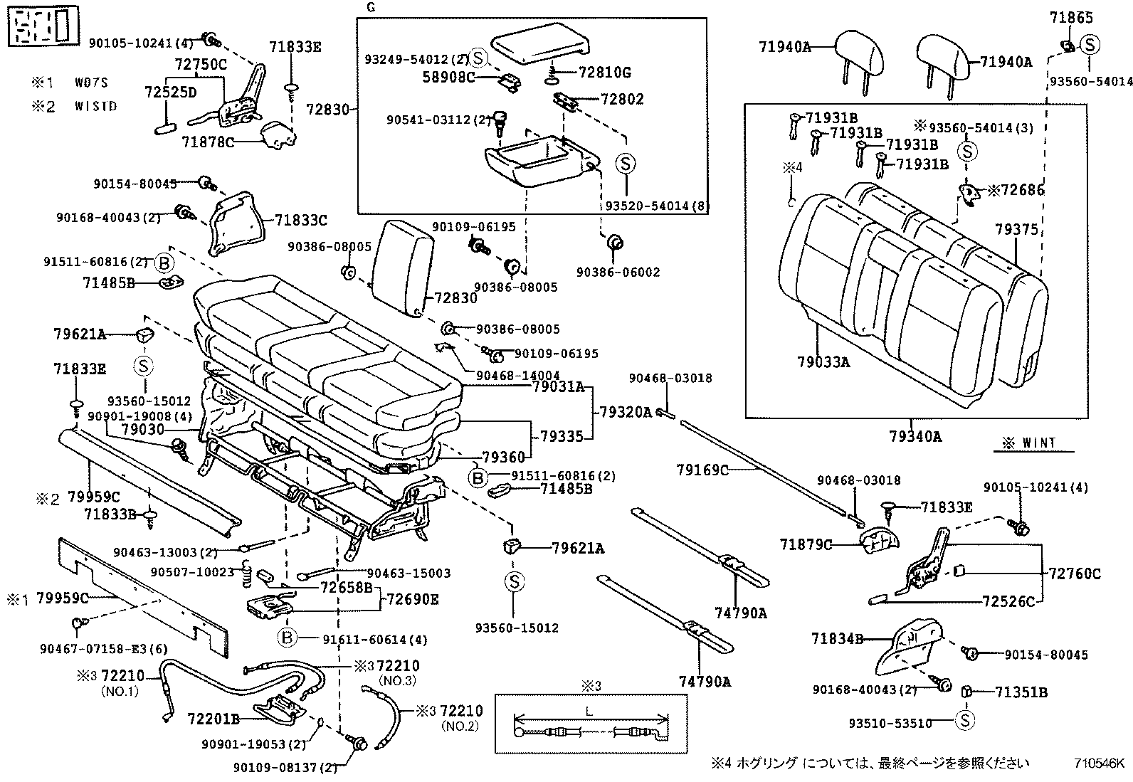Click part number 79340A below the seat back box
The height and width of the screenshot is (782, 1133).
[x=915, y=436]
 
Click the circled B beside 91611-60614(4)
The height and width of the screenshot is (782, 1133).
[x=287, y=638]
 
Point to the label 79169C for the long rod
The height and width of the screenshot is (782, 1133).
[x=702, y=470]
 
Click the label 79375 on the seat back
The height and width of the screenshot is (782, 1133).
[x=1016, y=229]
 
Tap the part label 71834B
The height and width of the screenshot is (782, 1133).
[x=836, y=639]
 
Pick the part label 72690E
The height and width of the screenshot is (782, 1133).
[x=412, y=599]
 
